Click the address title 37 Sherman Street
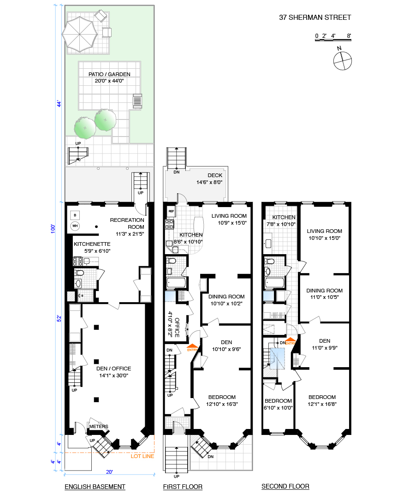click(315, 18)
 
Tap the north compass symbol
click(342, 60)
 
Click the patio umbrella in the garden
click(80, 32)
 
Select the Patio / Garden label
click(109, 74)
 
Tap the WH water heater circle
click(75, 226)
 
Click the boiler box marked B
click(75, 214)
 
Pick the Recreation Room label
click(127, 220)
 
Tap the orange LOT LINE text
click(142, 457)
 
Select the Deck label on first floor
click(214, 175)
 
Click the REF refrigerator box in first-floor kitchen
click(171, 211)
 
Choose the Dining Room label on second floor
click(324, 291)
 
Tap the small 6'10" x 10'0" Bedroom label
click(278, 401)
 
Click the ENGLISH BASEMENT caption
click(95, 487)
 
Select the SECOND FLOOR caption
click(285, 487)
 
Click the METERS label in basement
click(98, 426)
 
